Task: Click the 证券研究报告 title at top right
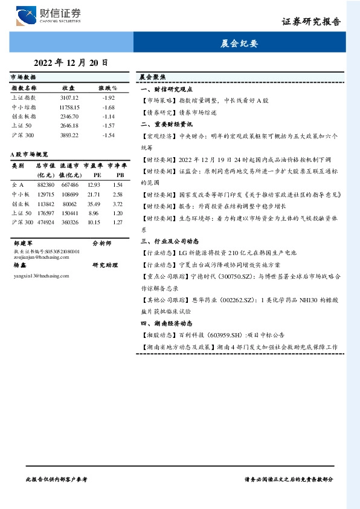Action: [x=311, y=22]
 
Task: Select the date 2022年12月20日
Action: [x=71, y=62]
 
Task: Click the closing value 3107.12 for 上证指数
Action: [x=69, y=97]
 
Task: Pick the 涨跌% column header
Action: [x=108, y=88]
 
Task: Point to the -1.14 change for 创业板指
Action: [x=109, y=116]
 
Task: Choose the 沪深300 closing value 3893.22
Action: [x=69, y=135]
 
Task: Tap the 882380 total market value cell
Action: [x=46, y=184]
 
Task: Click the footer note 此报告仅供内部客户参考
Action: [x=57, y=478]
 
